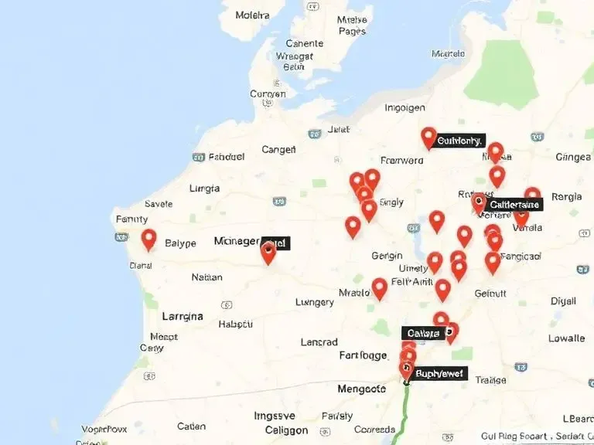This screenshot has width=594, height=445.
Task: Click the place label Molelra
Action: coord(253,15)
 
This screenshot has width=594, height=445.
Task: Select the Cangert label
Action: coord(279,149)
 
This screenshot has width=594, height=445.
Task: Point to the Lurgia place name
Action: coord(204,188)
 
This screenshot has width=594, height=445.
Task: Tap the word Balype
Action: coord(181,243)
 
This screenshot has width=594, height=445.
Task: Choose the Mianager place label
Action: coord(236,241)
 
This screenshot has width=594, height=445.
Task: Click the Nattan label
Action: coord(207,277)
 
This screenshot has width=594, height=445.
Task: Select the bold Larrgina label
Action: coord(183,316)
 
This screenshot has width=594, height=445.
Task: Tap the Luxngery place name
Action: coord(315,302)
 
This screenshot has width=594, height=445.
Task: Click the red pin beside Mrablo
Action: coord(379,287)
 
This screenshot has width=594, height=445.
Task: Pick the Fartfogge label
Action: coord(363,355)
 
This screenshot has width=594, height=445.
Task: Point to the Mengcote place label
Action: coord(361,389)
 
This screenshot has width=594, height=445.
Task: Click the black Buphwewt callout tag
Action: coord(439,374)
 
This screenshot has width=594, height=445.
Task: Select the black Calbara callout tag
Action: coord(423,333)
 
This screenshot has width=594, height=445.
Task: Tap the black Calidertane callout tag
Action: coord(514,204)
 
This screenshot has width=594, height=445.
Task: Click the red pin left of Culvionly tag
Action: coord(428,138)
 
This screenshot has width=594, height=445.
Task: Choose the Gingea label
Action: coord(573,157)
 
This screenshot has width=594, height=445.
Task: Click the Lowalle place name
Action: coord(566,338)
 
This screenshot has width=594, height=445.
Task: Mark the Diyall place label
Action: coord(563,301)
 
